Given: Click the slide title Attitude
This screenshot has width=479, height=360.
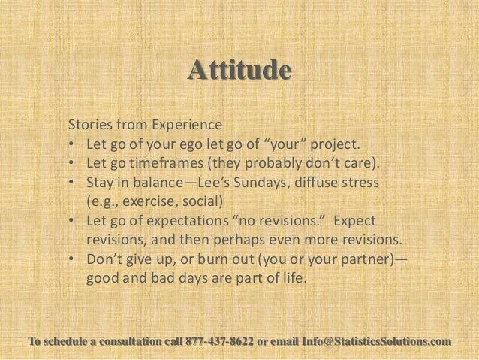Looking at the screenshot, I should coord(239,71).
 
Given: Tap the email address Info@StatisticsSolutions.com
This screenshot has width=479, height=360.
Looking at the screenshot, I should coord(376,343).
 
